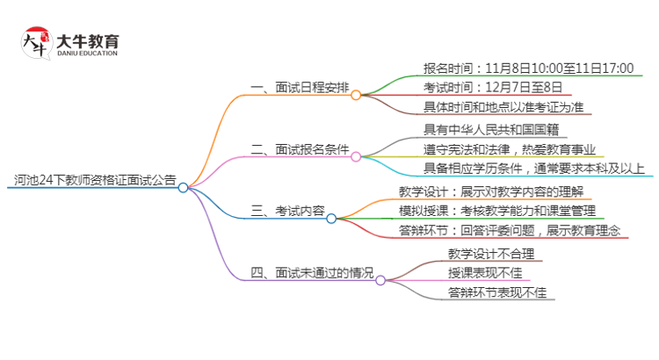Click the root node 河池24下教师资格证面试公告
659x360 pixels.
[x=94, y=180]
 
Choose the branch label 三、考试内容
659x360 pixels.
[x=288, y=211]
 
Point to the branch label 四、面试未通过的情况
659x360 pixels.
[x=311, y=272]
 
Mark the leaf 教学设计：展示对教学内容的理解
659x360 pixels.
[x=503, y=191]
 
